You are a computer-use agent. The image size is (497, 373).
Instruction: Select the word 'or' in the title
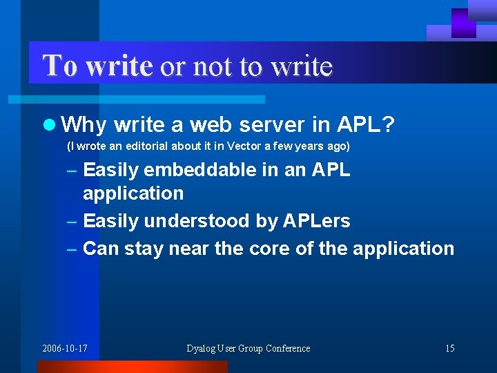point(173,66)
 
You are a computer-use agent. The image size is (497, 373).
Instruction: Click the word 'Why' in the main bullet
point(84,125)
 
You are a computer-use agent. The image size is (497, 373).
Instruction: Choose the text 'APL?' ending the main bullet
point(366,125)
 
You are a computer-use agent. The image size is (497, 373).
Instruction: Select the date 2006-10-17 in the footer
point(65,348)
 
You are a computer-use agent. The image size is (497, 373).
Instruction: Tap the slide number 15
point(449,348)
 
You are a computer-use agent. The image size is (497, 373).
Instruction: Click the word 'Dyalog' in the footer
point(202,348)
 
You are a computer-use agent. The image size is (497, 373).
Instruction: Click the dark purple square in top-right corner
point(463,22)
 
